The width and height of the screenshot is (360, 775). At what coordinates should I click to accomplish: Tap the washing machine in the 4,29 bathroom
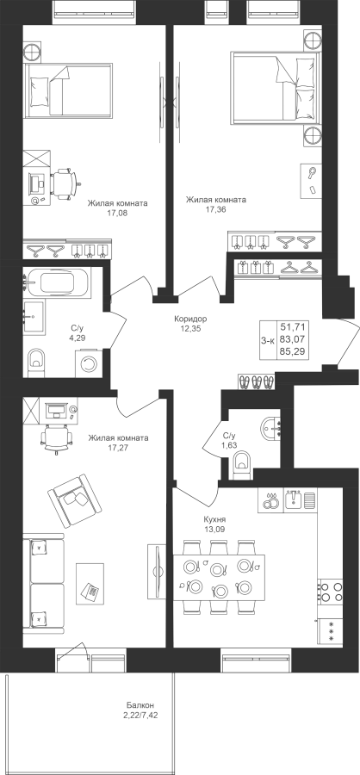point(88,363)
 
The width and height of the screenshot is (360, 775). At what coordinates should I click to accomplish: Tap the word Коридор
point(190,319)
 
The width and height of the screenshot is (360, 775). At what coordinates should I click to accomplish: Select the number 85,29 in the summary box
point(293,352)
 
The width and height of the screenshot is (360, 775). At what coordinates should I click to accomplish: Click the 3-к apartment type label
point(268,339)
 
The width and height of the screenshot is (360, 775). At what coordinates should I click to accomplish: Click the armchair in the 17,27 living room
point(74,500)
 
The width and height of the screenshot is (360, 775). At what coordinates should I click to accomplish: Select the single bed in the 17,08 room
point(68,90)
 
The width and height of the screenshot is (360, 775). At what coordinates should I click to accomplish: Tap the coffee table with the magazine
point(90,583)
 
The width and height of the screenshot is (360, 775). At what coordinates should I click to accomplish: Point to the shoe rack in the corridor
point(256,381)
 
